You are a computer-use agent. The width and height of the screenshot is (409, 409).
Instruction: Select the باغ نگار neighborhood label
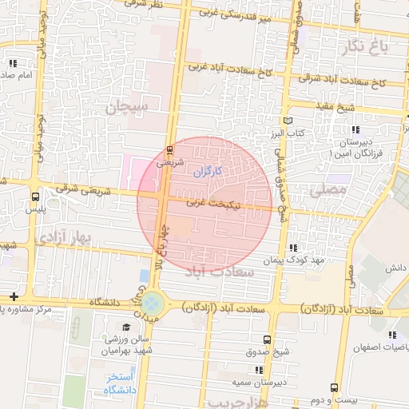pos(371,47)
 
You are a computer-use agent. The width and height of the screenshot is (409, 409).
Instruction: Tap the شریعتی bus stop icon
pos(169,150)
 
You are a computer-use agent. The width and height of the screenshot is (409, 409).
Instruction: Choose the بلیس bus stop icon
pos(35,197)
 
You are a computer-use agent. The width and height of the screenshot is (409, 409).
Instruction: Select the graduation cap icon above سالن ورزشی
pos(126,328)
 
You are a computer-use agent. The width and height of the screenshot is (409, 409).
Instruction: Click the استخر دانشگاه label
pos(120,383)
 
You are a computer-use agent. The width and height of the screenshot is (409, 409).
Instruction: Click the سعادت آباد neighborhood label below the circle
pos(219,272)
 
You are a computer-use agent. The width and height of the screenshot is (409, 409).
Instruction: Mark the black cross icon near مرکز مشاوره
pos(14,296)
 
